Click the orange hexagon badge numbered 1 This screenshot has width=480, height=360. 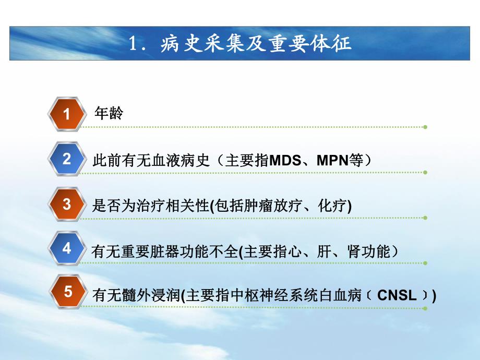coord(66,114)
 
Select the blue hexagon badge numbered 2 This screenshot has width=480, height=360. coord(66,159)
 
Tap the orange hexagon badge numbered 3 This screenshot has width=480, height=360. coord(66,204)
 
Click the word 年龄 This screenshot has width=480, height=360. coord(109,114)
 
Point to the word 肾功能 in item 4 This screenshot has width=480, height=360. coord(369,251)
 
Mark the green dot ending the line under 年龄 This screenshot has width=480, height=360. coord(425,127)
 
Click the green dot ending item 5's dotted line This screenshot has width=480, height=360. coord(425,308)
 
